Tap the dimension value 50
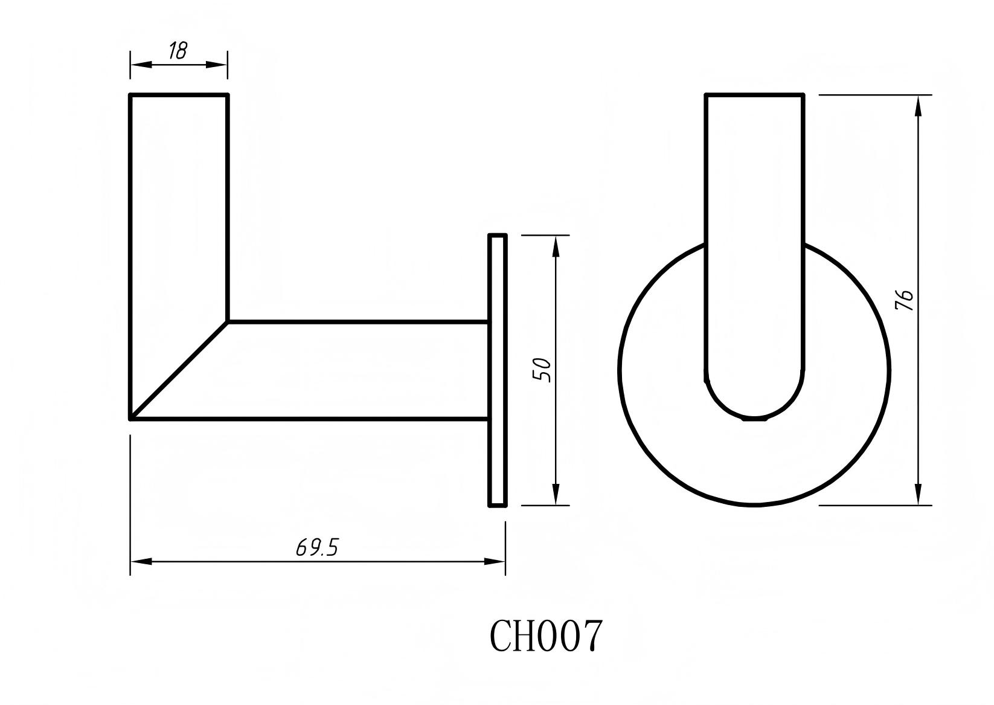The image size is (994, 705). tap(542, 369)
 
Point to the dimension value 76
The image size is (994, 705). tap(905, 300)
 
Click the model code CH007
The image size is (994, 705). tap(545, 636)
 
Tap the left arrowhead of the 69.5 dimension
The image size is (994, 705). tap(140, 561)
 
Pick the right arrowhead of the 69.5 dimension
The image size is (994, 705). tap(495, 561)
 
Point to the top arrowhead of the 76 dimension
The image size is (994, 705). tap(918, 105)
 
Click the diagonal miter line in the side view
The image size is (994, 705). tap(179, 370)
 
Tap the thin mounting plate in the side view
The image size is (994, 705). tap(497, 370)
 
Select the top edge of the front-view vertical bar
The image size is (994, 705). tap(754, 95)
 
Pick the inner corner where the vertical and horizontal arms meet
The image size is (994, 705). tap(228, 321)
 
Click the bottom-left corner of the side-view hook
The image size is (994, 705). tap(131, 417)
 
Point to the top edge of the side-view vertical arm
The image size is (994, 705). tap(179, 95)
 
